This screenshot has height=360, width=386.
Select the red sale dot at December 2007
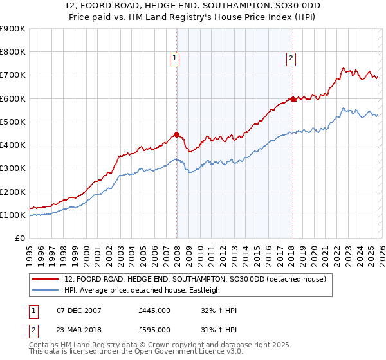[x=176, y=134]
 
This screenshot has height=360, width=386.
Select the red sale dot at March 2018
[x=293, y=99]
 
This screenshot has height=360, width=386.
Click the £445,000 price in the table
[x=154, y=310]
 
